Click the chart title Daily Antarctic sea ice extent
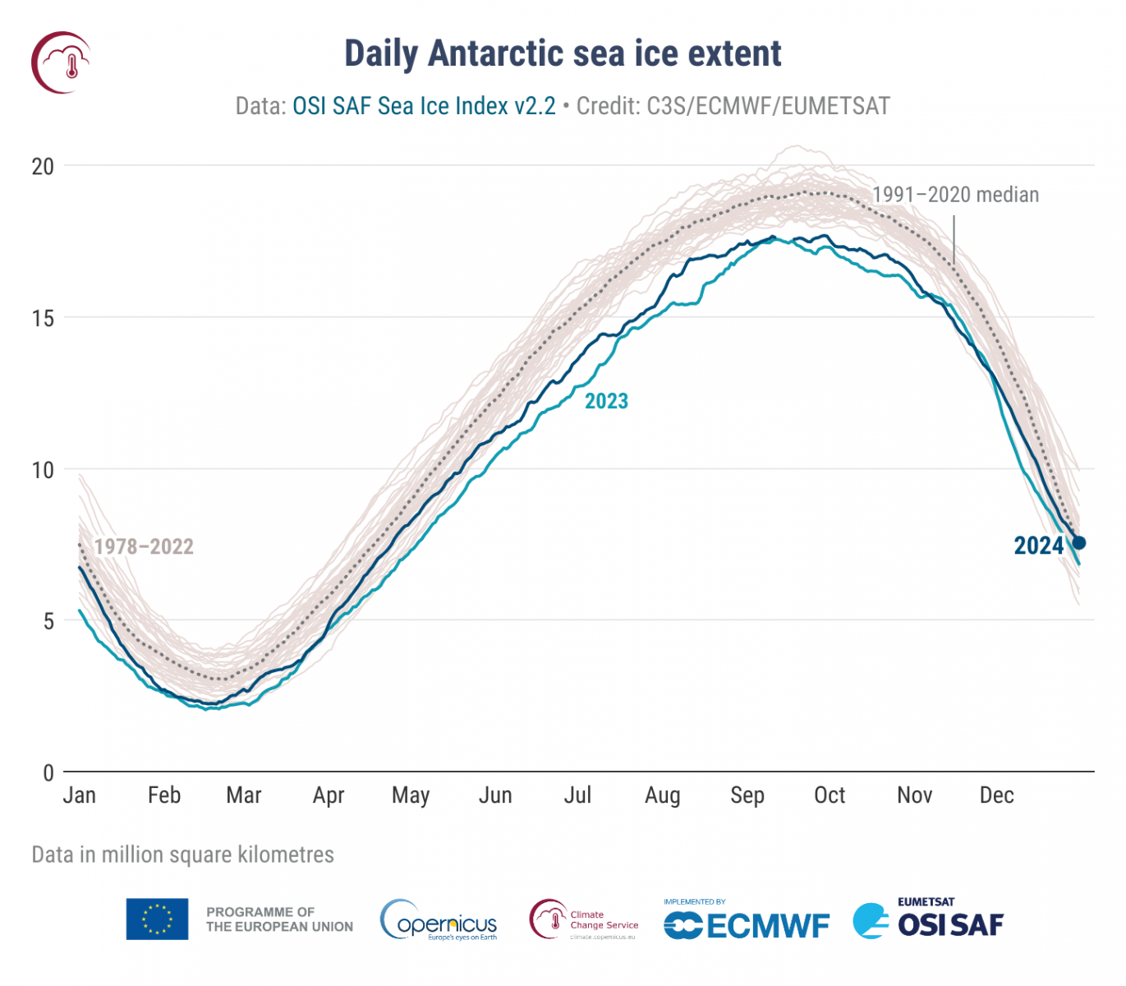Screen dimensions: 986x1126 [563, 54]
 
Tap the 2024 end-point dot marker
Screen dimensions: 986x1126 [1079, 542]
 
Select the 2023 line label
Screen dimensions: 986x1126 [606, 401]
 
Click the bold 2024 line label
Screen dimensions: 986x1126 [1038, 546]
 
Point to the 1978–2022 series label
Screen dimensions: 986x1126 [144, 546]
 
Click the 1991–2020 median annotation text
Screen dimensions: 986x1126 [955, 195]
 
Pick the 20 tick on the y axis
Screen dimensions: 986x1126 [43, 167]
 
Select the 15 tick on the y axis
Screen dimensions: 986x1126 [43, 318]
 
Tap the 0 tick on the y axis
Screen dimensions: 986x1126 [48, 772]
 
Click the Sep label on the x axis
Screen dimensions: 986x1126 [747, 795]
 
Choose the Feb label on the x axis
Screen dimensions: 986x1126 [164, 795]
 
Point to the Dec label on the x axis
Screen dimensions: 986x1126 [996, 795]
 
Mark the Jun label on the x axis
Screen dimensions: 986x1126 [495, 795]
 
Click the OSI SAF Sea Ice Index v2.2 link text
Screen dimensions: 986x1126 [424, 106]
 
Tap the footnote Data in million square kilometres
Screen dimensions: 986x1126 [182, 855]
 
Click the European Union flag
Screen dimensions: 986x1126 [157, 919]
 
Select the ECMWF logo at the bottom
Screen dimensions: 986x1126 [747, 923]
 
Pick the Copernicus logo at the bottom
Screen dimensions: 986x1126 [439, 920]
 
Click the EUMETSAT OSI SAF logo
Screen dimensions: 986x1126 [928, 919]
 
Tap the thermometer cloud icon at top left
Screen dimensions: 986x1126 [62, 62]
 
